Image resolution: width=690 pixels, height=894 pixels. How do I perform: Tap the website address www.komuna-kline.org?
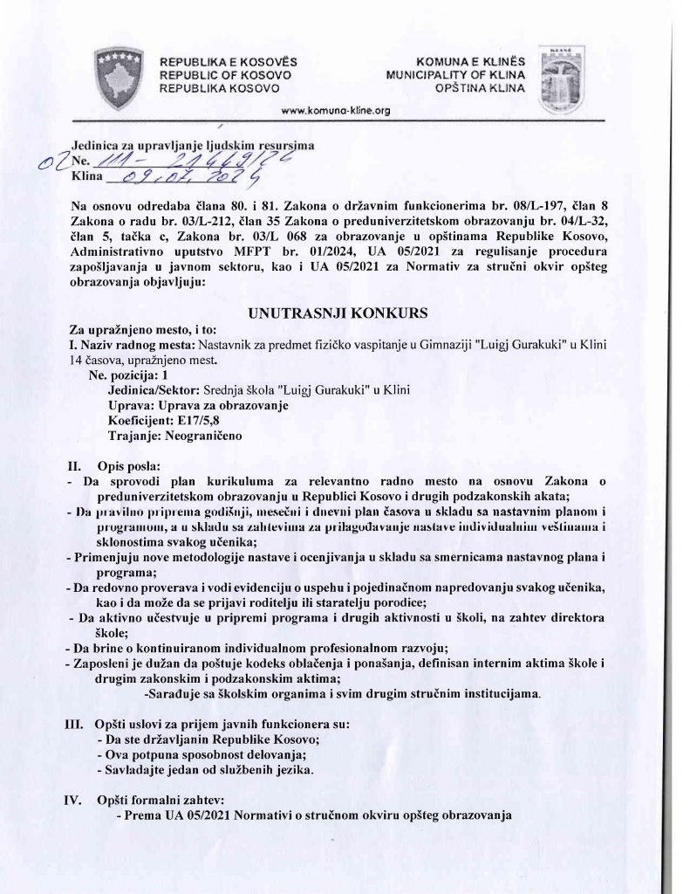coord(337,111)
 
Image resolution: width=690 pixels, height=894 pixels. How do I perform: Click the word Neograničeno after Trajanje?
coord(202,434)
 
